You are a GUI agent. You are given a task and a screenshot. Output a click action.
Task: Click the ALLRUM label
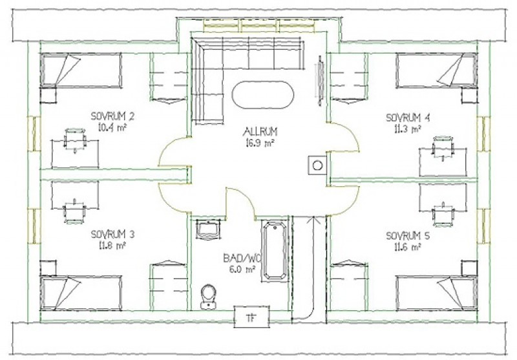pyautogui.click(x=260, y=132)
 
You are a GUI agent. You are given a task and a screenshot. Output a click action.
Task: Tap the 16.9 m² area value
pyautogui.click(x=260, y=143)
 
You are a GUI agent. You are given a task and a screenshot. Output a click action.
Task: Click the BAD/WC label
pyautogui.click(x=242, y=258)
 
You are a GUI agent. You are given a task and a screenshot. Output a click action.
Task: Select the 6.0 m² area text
pyautogui.click(x=242, y=270)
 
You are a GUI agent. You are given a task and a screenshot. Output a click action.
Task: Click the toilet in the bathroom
pyautogui.click(x=208, y=297)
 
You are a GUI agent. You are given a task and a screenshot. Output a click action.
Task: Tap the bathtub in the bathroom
pyautogui.click(x=275, y=251)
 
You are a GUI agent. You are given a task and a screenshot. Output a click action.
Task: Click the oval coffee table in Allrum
pyautogui.click(x=263, y=95)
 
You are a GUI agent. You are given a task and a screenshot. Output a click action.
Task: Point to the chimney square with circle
pyautogui.click(x=317, y=165)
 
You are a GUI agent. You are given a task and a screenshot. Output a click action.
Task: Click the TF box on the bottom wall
pyautogui.click(x=251, y=317)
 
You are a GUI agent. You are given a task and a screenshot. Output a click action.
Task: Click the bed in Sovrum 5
pyautogui.click(x=437, y=293)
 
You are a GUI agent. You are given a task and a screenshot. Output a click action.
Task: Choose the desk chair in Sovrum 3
pyautogui.click(x=74, y=211)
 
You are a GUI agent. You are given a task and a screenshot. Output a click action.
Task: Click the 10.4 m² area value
pyautogui.click(x=112, y=127)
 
